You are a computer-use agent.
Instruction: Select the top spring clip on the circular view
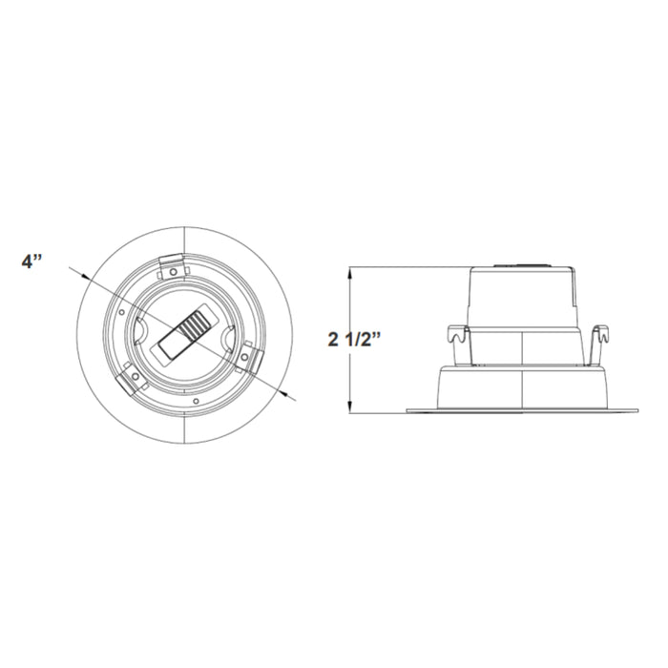click(x=172, y=265)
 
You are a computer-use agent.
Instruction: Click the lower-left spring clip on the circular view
click(x=129, y=381)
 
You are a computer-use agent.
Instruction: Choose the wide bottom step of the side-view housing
click(x=523, y=388)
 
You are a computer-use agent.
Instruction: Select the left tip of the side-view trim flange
click(x=408, y=412)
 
